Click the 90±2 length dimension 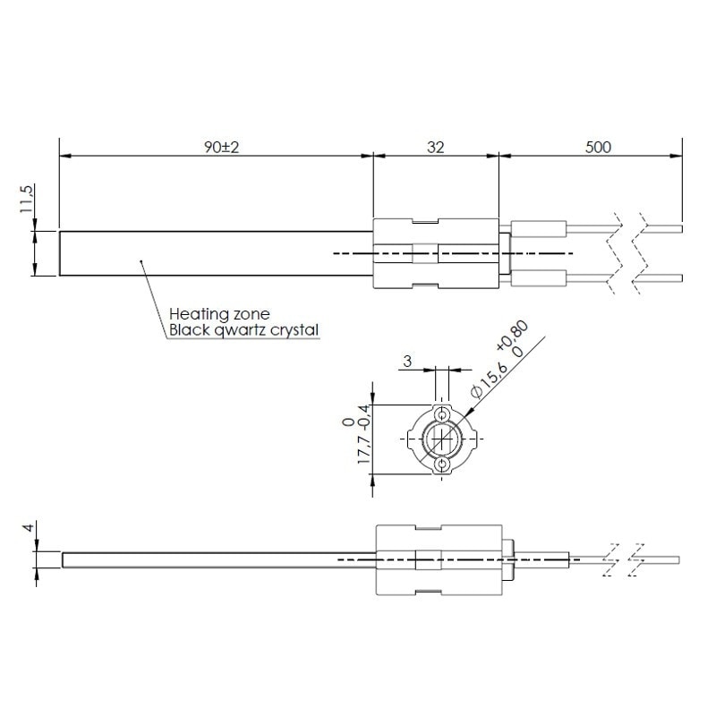[x=221, y=148]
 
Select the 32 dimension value [x=435, y=148]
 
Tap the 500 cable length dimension [x=598, y=148]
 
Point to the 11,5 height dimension [x=27, y=199]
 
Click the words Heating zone [x=219, y=314]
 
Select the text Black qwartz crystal [x=243, y=330]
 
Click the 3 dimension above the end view [x=407, y=362]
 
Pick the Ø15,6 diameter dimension [x=489, y=379]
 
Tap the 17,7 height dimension [x=364, y=450]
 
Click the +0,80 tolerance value [x=512, y=335]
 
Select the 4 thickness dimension [x=29, y=527]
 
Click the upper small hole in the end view [x=441, y=414]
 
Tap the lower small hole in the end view [x=441, y=465]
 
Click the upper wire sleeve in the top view [x=539, y=228]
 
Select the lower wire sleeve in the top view [x=539, y=278]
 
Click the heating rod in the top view [x=216, y=253]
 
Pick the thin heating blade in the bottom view [x=219, y=560]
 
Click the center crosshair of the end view [x=441, y=439]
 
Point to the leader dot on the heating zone [x=141, y=261]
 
